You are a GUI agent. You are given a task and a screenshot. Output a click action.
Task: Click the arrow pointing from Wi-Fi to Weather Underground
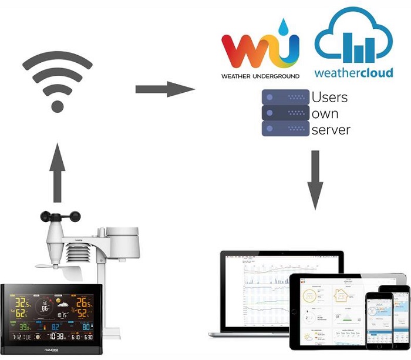pos(164,89)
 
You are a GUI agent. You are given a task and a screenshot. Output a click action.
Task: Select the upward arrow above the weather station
pos(57,173)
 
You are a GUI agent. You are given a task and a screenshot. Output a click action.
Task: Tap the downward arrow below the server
pos(316,179)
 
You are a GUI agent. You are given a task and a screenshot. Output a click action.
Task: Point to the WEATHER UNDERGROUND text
pos(260,76)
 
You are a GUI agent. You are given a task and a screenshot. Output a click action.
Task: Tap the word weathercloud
pos(352,73)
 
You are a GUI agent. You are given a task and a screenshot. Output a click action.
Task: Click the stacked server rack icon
pos(285,112)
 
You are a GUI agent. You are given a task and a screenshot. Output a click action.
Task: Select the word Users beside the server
pos(329,97)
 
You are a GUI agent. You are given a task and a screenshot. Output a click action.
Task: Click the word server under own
pos(331,129)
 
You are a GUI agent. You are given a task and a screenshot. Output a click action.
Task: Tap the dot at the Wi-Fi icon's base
pos(57,106)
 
